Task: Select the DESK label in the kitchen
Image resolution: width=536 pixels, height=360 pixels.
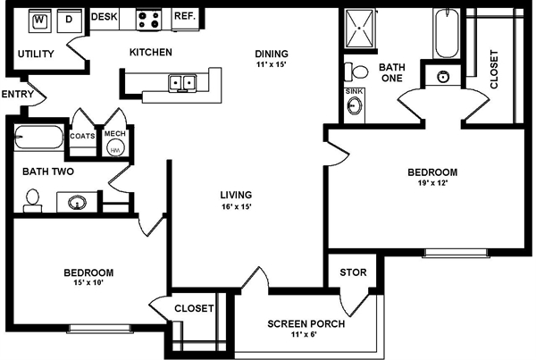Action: coord(105,16)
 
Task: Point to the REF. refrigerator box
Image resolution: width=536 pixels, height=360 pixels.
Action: coord(184,16)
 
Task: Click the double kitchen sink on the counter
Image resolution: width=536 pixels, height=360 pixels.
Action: coord(183,83)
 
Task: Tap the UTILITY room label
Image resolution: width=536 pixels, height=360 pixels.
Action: coord(36,54)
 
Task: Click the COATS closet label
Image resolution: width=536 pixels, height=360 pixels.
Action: coord(83,135)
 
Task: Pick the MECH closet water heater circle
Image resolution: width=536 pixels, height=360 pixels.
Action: coord(114,150)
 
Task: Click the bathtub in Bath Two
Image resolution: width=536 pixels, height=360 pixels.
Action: coord(38,138)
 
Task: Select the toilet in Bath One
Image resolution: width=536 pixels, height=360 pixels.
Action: coord(360,71)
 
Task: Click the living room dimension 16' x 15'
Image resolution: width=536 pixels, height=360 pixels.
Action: coord(237,206)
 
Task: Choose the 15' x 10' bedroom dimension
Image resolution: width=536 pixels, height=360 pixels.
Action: coord(88,284)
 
